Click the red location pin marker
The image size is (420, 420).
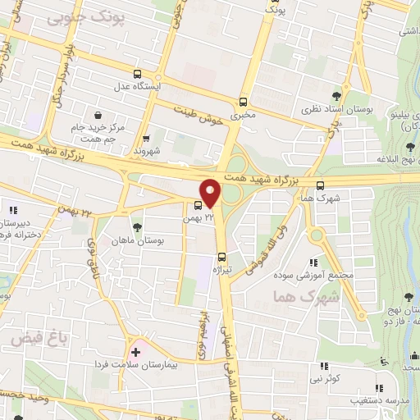(211, 193)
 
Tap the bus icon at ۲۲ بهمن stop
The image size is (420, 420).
(199, 206)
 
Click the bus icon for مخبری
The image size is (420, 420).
(242, 103)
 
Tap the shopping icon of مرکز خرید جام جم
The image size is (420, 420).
(98, 116)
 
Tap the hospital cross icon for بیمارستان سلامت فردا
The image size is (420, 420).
(135, 351)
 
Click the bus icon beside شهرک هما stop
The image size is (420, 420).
(320, 185)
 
